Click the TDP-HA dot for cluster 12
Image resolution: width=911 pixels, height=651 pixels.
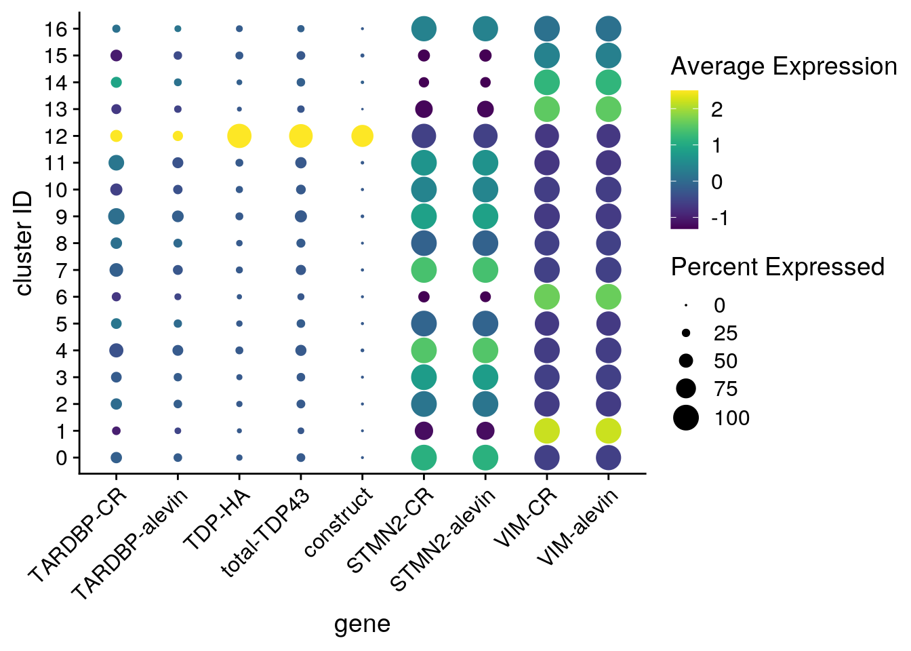tap(239, 136)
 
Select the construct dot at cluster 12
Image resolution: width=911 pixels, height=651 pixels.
tap(362, 136)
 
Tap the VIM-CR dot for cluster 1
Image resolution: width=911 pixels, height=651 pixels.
tap(547, 431)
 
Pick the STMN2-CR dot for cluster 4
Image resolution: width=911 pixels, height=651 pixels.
tap(424, 351)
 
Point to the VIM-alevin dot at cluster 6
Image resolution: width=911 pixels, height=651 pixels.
tap(609, 297)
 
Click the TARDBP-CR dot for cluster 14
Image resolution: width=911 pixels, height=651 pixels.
tap(116, 83)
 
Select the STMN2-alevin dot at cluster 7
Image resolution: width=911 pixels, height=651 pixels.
tap(485, 270)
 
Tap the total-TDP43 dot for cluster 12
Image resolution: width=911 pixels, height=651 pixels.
tap(301, 136)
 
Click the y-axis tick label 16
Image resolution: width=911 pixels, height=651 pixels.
tap(56, 29)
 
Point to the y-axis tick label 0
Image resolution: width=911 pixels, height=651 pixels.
tap(62, 458)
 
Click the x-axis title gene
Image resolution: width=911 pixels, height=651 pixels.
tap(362, 624)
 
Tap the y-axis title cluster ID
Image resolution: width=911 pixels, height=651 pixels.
tap(24, 243)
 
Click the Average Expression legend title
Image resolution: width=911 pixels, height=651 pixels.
tap(784, 66)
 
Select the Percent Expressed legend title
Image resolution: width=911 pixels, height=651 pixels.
tap(777, 267)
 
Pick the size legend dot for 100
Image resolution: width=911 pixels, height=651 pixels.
tap(686, 418)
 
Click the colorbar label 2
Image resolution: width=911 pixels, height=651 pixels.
tap(717, 110)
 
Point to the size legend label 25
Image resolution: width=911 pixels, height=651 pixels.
tap(725, 334)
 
